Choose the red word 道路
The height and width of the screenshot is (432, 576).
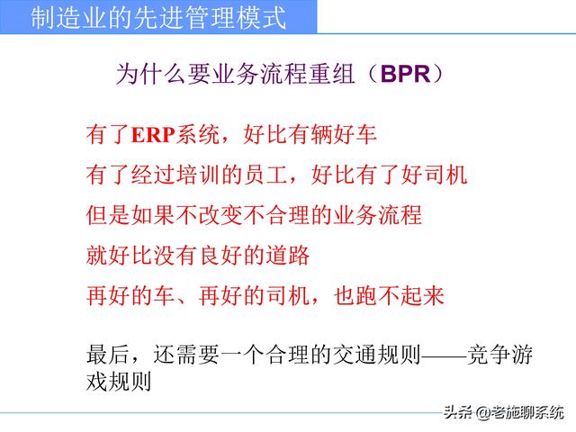click(288, 255)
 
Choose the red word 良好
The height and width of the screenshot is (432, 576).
click(200, 255)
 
